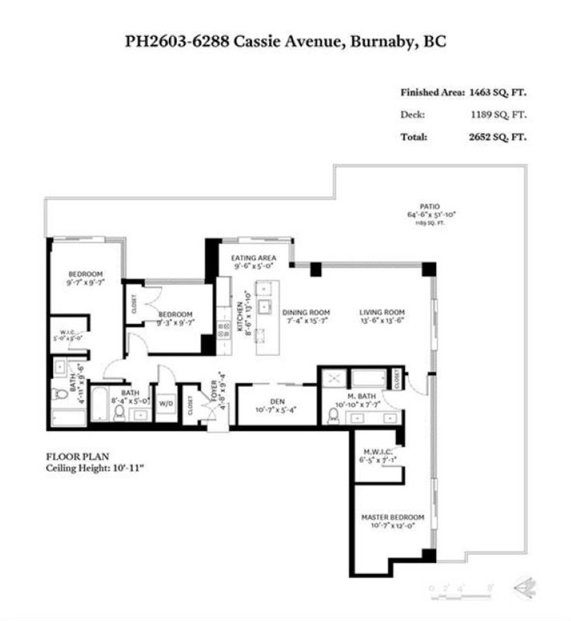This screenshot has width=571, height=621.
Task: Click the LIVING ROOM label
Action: click(x=382, y=312)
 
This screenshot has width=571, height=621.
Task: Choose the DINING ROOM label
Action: click(x=306, y=312)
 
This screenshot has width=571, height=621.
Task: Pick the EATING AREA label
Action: click(x=253, y=258)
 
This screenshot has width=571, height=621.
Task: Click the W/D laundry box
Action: click(x=165, y=404)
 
